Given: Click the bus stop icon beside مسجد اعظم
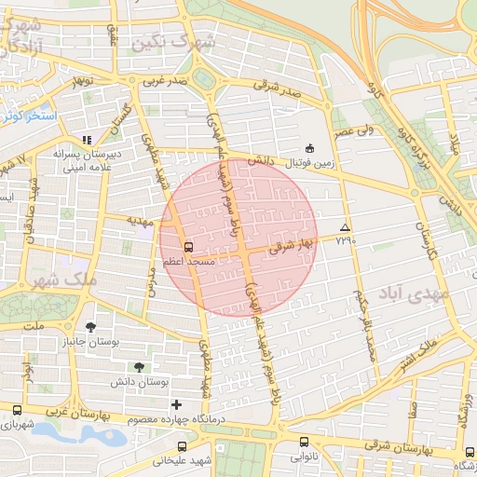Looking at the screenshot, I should point(190,248).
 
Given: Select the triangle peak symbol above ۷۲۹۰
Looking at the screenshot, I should point(346,227).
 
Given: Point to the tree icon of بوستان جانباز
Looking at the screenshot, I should point(90,326).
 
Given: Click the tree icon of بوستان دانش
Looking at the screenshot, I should point(140,366).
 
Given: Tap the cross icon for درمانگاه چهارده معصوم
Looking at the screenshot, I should point(177,403).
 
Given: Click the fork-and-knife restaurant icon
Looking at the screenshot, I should point(87,139).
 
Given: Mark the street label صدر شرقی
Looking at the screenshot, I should point(279,89).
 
